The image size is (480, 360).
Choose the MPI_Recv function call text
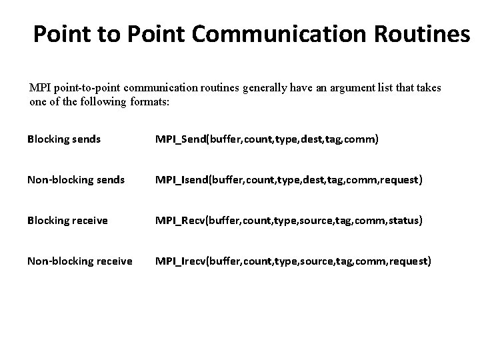pos(289,220)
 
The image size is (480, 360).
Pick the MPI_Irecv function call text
pos(293,261)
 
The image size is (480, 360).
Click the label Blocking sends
pos(64,139)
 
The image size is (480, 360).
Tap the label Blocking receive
pos(67,220)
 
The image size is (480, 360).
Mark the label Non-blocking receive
pos(79,261)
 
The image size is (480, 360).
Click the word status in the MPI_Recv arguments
pos(402,220)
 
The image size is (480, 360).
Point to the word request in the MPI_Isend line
pos(399,179)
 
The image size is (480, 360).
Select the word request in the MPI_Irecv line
pos(409,261)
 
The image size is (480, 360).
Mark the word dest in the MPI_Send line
pos(309,139)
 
